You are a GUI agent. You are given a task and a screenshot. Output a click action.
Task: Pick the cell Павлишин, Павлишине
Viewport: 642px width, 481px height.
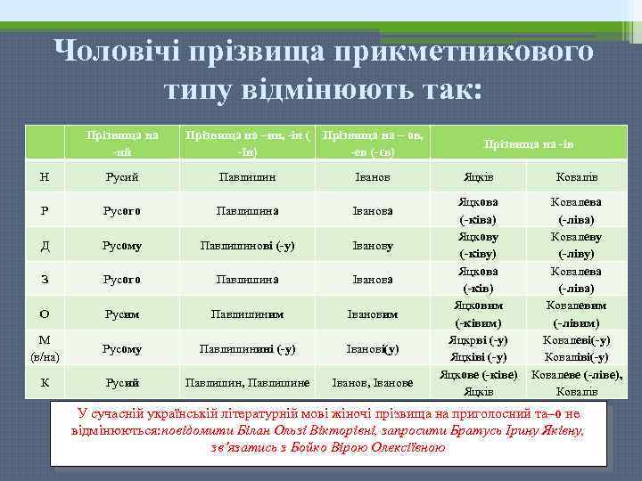[x=247, y=383]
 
